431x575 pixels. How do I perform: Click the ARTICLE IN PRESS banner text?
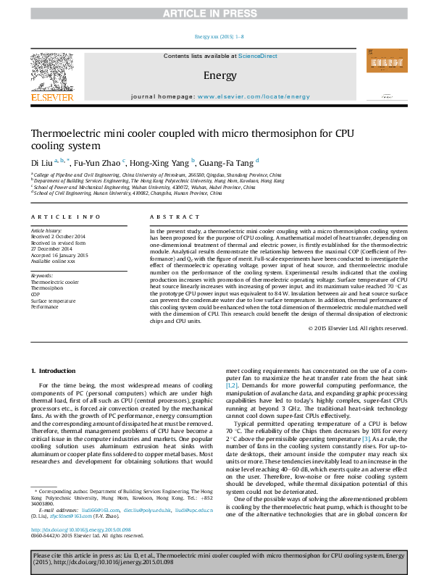(x=215, y=14)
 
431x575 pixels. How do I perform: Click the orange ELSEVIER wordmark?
(x=51, y=96)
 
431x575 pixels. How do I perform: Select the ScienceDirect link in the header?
(x=258, y=56)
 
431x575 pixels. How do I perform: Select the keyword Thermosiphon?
(x=46, y=287)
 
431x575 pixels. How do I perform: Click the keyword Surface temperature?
(x=52, y=300)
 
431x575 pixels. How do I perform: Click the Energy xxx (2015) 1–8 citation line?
(x=219, y=36)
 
